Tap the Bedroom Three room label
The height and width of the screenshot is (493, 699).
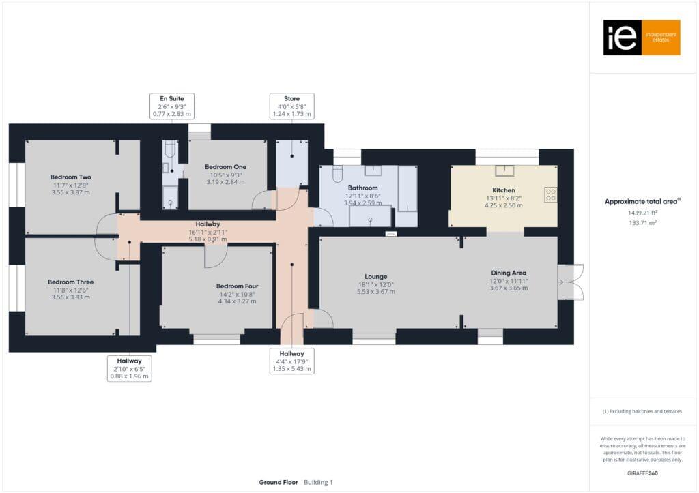(70, 282)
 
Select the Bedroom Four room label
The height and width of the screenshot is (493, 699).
(237, 286)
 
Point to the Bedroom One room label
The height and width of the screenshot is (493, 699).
(225, 167)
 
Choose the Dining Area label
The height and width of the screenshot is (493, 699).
(509, 273)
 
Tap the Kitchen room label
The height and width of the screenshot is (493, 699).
(503, 190)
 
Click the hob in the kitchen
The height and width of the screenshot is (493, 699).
(550, 194)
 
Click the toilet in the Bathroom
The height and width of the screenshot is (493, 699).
(337, 175)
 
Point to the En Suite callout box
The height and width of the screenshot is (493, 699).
(172, 107)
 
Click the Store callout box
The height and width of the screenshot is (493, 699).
(291, 107)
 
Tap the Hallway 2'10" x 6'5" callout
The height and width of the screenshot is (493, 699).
(130, 368)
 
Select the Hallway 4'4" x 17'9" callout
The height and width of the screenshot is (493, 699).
(291, 361)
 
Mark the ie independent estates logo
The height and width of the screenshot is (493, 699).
(641, 38)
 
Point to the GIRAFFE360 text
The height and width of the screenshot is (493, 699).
(642, 473)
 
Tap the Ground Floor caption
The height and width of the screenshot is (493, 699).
(278, 482)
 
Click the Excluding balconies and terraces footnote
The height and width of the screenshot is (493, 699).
(642, 411)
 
